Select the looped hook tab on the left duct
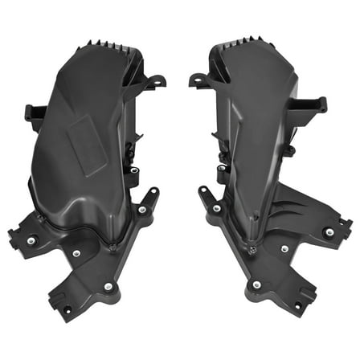coord(155,81)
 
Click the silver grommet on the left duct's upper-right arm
coord(142,210)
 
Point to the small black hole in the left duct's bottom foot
coord(64,305)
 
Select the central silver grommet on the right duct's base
coord(283,249)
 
